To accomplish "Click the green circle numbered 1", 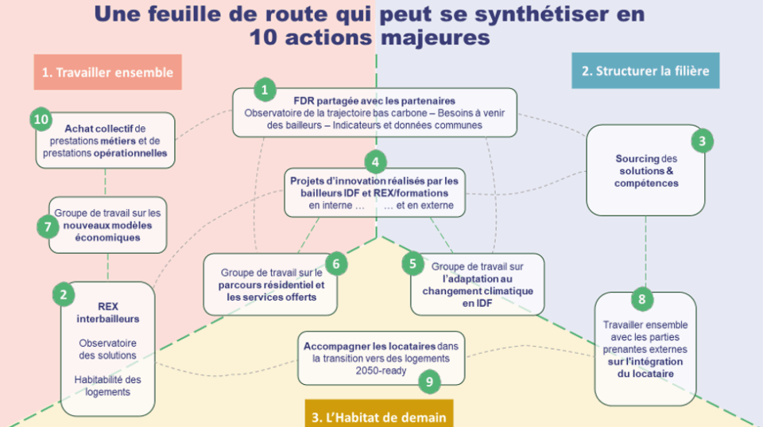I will (265, 88).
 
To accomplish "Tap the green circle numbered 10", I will (41, 119).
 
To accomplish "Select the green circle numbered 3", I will (701, 142).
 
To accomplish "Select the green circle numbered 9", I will (429, 382).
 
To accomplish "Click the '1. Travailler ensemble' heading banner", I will (107, 72).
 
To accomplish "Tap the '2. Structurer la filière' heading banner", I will (645, 71).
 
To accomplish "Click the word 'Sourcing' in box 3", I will (637, 159).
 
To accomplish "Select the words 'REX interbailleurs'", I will (107, 312).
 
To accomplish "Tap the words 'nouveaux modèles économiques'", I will (107, 231).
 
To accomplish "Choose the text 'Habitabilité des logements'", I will (107, 386).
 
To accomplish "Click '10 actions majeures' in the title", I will (368, 37).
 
